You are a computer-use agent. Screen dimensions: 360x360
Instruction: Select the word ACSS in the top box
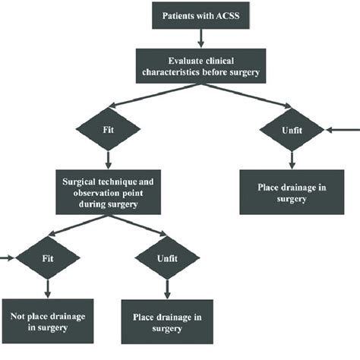coord(231,15)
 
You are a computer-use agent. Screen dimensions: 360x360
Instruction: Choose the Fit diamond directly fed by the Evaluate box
coord(111,130)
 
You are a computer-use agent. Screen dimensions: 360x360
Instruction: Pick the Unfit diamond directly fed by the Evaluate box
coord(292,131)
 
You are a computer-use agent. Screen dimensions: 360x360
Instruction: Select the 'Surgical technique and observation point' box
coord(111,189)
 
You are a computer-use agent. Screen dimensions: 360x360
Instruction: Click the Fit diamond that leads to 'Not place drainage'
coord(49,258)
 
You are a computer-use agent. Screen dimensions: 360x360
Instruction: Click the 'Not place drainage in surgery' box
coord(49,322)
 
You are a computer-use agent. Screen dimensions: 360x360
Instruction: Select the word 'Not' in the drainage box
coord(20,316)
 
